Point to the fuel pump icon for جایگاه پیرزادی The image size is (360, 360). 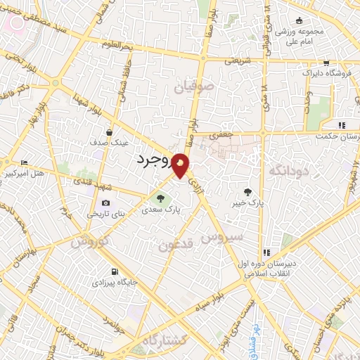[x=115, y=271]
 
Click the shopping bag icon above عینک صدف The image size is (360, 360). [x=109, y=131]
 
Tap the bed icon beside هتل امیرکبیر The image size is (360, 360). [x=25, y=162]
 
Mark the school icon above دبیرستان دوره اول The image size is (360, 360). [x=266, y=252]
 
